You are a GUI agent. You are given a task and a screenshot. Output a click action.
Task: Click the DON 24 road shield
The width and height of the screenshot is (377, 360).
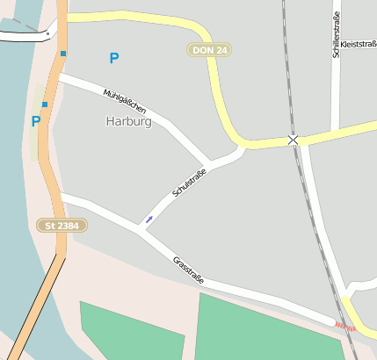coord(210,50)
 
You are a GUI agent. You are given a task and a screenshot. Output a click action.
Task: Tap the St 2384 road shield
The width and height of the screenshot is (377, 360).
coord(62,226)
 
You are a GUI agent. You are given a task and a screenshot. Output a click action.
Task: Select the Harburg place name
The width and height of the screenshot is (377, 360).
coord(128,122)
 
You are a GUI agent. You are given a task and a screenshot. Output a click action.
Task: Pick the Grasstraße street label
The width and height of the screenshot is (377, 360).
coord(189,270)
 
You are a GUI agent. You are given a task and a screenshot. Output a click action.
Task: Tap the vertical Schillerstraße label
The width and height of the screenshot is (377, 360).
coord(336,35)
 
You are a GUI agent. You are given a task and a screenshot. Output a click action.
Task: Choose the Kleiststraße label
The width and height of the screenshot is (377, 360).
coord(358,43)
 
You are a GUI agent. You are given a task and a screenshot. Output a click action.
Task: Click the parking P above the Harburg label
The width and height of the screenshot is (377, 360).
coord(113,59)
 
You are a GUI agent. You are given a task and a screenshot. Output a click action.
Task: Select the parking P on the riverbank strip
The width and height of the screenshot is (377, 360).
coord(35,122)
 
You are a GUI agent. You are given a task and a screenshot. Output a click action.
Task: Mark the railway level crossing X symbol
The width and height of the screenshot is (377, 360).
coord(293,140)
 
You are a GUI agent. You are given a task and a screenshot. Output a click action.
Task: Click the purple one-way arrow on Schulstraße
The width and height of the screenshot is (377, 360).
coord(149,219)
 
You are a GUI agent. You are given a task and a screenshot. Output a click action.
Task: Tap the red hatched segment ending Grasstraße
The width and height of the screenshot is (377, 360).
coord(344,327)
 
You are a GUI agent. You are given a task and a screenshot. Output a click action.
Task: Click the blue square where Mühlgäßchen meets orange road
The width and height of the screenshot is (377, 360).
coord(63,54)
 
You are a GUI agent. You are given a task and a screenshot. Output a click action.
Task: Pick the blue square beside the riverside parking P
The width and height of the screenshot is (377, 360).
coord(44,104)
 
